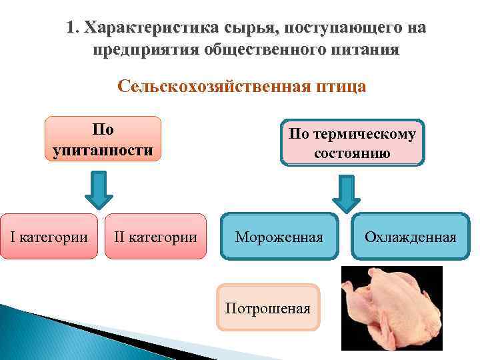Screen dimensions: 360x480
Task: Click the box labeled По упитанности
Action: click(x=103, y=139)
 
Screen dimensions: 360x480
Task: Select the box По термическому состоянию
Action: click(x=353, y=143)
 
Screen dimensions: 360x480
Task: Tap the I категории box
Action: click(x=49, y=237)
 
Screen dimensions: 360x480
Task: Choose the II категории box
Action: click(x=155, y=237)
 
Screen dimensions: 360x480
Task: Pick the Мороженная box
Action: click(x=279, y=237)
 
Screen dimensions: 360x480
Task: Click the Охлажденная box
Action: click(x=410, y=237)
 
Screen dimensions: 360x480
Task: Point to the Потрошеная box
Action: click(x=268, y=308)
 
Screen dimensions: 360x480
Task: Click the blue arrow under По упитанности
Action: click(x=98, y=190)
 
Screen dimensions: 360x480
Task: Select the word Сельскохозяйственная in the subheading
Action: click(x=211, y=87)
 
